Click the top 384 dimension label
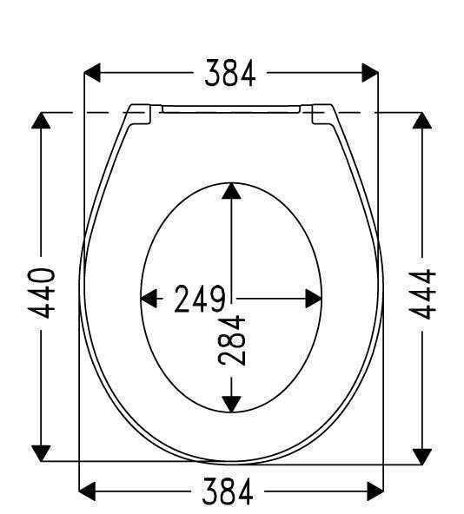[230, 73]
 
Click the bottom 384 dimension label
[228, 491]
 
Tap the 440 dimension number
[41, 293]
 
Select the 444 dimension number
[422, 294]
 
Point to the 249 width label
[200, 299]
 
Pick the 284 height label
[231, 340]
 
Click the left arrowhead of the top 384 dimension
[92, 73]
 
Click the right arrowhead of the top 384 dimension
[370, 73]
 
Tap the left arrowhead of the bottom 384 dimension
[87, 491]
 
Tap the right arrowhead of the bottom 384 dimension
[375, 491]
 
